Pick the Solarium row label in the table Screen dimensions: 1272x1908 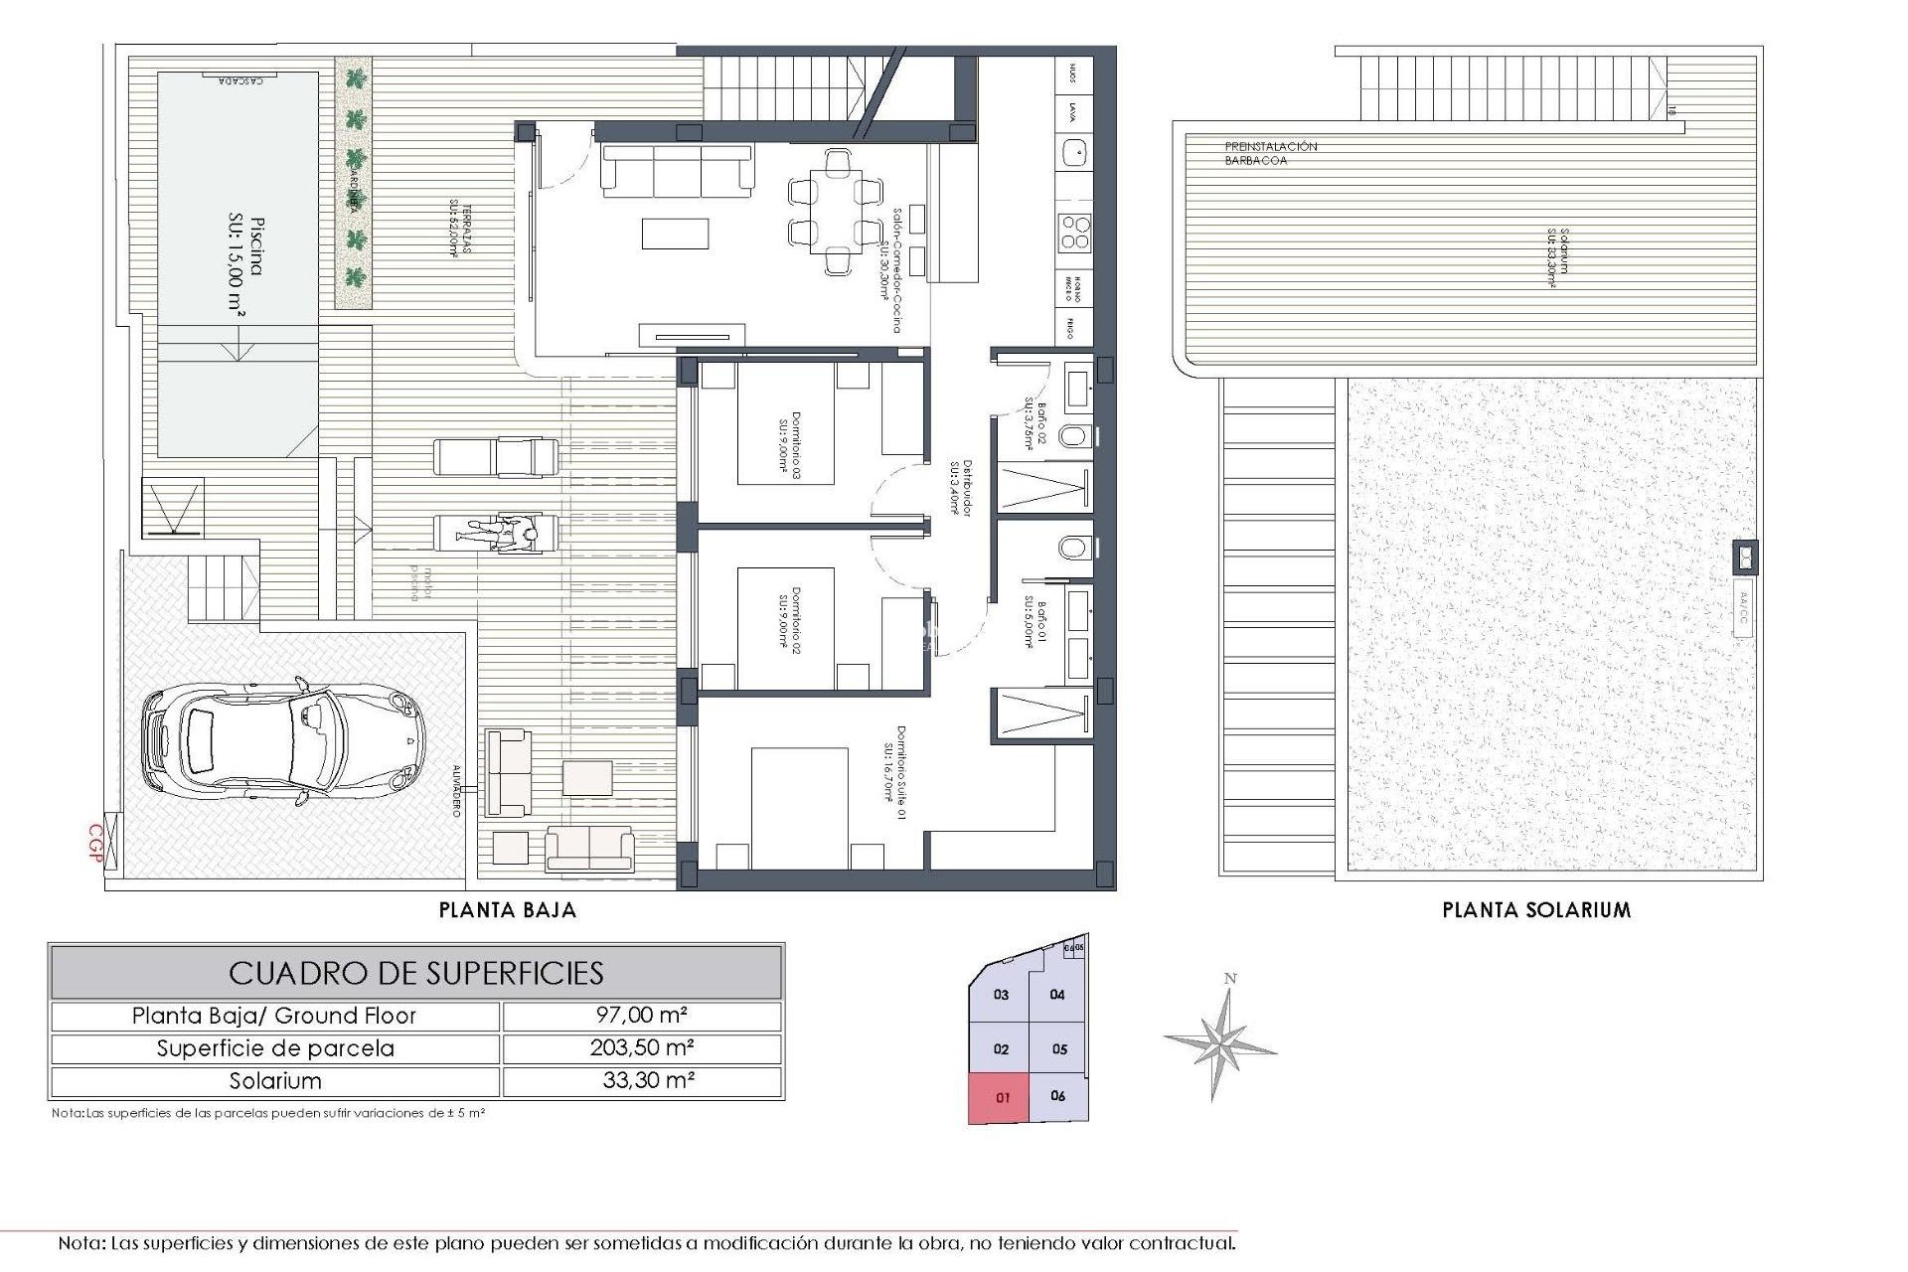(275, 1081)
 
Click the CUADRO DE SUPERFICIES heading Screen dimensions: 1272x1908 (416, 972)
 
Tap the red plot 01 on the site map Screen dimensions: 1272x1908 (1002, 1098)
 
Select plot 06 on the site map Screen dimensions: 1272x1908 (1057, 1095)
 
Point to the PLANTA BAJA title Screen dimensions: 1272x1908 (508, 909)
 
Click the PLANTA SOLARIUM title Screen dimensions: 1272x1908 (1536, 909)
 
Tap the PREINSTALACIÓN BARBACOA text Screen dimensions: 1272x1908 (1270, 153)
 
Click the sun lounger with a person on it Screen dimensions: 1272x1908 (497, 533)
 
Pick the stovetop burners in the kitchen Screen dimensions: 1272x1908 (1074, 232)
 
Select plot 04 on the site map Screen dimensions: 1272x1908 (1057, 994)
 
